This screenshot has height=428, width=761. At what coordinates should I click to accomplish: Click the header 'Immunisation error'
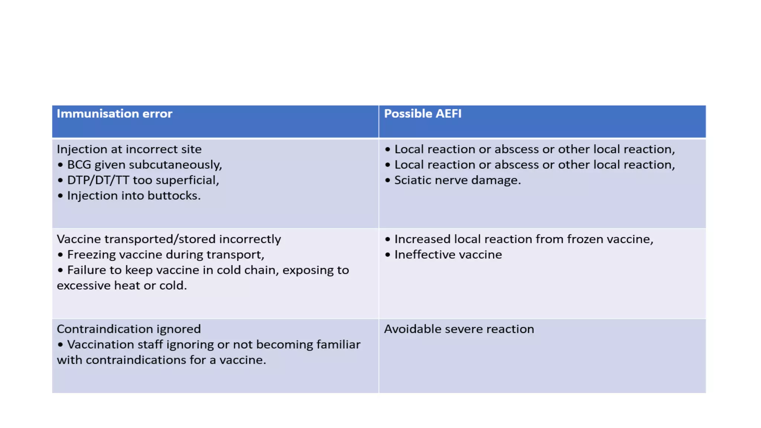click(114, 114)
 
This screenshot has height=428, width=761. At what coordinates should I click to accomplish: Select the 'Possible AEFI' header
click(422, 114)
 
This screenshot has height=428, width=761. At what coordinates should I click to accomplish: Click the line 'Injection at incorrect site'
click(129, 149)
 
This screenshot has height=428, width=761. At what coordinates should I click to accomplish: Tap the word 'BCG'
click(79, 165)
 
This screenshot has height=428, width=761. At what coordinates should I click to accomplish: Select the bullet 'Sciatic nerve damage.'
click(457, 180)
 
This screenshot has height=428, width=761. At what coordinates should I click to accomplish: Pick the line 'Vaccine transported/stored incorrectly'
click(169, 239)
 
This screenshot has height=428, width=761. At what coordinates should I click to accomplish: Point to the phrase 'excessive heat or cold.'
click(122, 286)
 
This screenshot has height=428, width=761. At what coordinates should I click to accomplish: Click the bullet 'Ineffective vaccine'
click(448, 255)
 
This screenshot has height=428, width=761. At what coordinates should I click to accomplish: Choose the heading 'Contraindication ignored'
click(129, 329)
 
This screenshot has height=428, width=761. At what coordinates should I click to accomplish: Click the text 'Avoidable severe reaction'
click(459, 329)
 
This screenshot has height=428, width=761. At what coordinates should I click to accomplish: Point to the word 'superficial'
click(187, 180)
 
